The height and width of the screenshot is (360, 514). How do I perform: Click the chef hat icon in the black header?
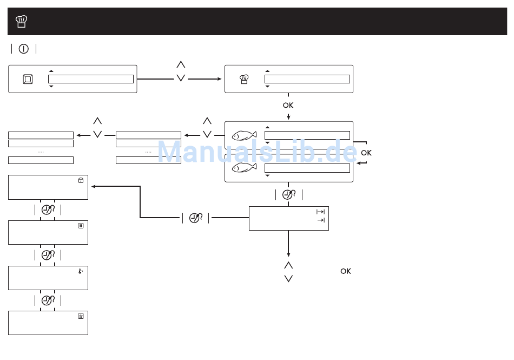pos(22,22)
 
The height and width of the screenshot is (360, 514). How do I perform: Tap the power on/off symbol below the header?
pos(24,49)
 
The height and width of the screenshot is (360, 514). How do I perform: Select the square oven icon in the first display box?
pos(28,79)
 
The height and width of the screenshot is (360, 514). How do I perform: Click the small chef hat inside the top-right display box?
pos(244,79)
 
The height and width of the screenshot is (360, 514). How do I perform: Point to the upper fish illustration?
pos(244,136)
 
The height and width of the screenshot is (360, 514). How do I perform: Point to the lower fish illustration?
pos(244,168)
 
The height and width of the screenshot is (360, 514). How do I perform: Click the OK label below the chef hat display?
pos(288,106)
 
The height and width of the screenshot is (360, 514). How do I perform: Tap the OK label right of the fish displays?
pos(366,153)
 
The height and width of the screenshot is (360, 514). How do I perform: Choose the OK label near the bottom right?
pos(346,271)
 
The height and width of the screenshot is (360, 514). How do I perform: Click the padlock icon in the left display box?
pos(81,180)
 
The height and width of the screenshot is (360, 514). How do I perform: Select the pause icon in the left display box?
pos(81,226)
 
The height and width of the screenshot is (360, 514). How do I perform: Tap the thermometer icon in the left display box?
pos(80,271)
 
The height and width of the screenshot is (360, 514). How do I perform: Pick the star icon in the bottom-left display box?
pos(81,316)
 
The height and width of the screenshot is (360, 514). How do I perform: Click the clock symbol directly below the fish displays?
pos(288,195)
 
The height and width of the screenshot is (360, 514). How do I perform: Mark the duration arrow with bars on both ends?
pos(320,212)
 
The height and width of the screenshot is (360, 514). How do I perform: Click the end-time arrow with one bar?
pos(321,220)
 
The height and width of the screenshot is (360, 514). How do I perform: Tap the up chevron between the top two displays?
pos(181,64)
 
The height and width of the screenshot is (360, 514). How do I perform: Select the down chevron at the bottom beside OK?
pos(288,278)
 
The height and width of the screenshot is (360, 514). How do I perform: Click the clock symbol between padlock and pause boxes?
pos(48,210)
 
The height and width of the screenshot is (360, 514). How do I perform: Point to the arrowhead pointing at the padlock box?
pos(94,186)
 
